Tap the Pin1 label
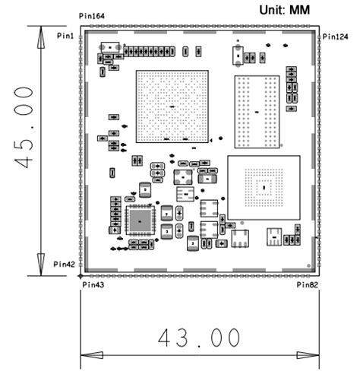65,36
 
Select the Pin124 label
334,36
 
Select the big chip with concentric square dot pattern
263,186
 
